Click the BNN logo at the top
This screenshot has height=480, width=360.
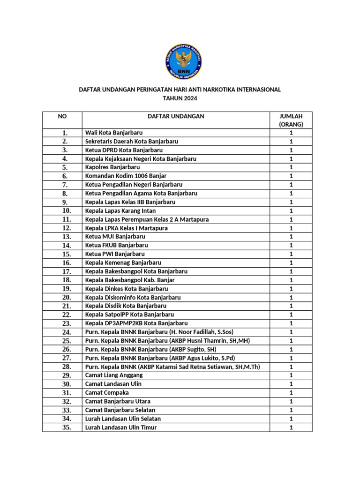click(183, 61)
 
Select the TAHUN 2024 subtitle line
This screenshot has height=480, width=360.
click(180, 98)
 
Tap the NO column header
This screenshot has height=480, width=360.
click(62, 116)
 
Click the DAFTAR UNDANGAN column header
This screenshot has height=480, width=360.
click(176, 116)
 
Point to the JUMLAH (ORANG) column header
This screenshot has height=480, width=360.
click(291, 120)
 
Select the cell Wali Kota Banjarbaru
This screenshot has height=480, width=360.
click(114, 133)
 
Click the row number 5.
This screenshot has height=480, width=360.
click(65, 167)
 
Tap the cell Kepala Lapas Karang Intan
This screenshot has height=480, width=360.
click(120, 210)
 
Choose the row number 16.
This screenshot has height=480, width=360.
click(66, 263)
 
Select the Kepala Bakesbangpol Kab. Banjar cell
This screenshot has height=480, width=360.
click(130, 280)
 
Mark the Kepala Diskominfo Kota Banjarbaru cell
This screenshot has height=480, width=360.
click(133, 297)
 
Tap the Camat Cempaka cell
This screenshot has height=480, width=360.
click(107, 392)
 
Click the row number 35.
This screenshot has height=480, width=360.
click(66, 427)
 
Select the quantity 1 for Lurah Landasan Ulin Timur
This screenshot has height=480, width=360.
click(291, 427)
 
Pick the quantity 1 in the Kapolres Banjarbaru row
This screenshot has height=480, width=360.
click(291, 167)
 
